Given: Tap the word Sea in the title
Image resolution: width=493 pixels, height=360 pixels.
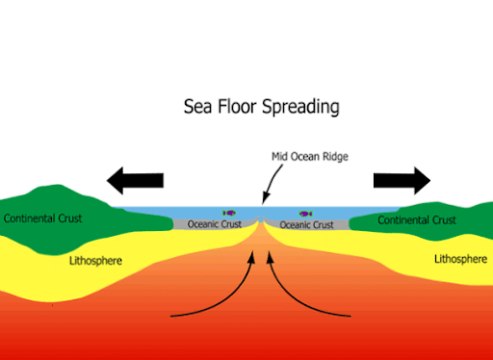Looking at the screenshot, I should tap(198, 106).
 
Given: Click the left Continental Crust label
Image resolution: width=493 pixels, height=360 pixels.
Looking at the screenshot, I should tap(42, 219).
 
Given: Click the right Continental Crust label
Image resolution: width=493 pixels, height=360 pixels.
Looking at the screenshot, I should tap(417, 220).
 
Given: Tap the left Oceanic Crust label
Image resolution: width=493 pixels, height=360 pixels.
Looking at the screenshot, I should tap(214, 225).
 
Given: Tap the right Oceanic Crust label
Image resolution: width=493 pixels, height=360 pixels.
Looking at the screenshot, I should tap(307, 225).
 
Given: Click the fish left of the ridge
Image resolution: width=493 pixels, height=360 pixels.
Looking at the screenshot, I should tap(229, 214).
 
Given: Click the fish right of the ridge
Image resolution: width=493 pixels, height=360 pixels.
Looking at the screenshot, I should tap(306, 214).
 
